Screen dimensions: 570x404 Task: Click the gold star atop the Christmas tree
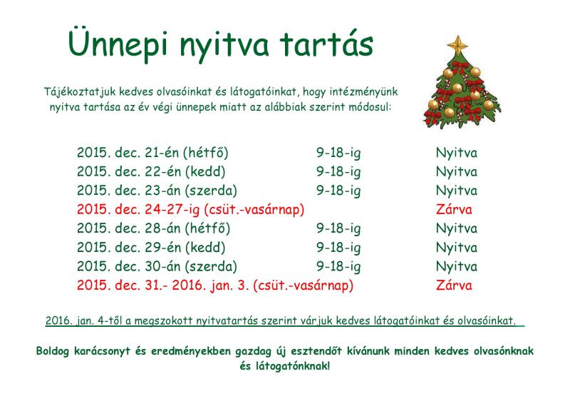click(x=457, y=44)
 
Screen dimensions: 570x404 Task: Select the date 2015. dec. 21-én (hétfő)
click(x=152, y=153)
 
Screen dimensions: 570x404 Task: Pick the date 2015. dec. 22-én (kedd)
click(x=151, y=171)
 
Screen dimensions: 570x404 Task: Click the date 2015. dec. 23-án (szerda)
click(x=157, y=191)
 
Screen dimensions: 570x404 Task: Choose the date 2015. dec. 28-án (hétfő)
click(x=153, y=228)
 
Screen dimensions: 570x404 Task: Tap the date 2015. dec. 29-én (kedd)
click(x=151, y=248)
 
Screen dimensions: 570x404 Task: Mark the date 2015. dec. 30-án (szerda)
click(x=157, y=266)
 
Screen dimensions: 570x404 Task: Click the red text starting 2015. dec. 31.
click(x=215, y=286)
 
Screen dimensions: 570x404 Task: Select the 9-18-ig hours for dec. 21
click(x=338, y=153)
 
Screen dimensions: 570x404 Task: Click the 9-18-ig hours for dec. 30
click(x=338, y=267)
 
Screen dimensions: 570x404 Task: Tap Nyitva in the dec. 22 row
click(x=457, y=172)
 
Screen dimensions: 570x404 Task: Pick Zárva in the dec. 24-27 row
click(x=454, y=209)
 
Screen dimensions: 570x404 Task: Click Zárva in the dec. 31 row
click(x=454, y=286)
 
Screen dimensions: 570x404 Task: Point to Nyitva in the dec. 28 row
click(x=457, y=229)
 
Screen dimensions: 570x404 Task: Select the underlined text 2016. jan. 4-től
click(x=84, y=320)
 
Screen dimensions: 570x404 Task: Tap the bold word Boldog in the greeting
click(x=52, y=351)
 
